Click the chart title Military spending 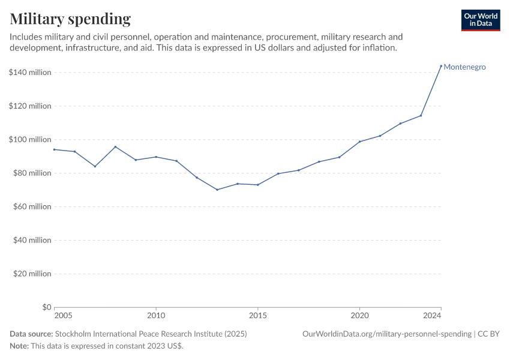[x=70, y=19]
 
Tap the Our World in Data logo [x=480, y=20]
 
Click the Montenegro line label [x=464, y=67]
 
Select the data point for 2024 [x=441, y=66]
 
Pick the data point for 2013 [x=217, y=190]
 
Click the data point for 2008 [x=115, y=147]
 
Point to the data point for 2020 [x=359, y=142]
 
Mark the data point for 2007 [x=95, y=166]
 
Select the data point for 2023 [x=421, y=116]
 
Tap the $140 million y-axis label [x=30, y=73]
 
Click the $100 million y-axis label [x=30, y=140]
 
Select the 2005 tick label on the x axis [x=63, y=316]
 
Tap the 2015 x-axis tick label [x=258, y=316]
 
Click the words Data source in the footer [x=31, y=334]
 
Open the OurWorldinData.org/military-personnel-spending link [x=387, y=334]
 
